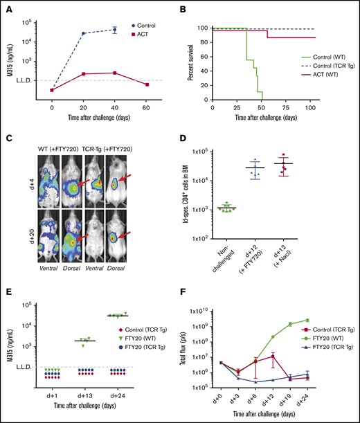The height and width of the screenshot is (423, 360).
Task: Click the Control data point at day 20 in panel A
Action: tap(83, 33)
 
